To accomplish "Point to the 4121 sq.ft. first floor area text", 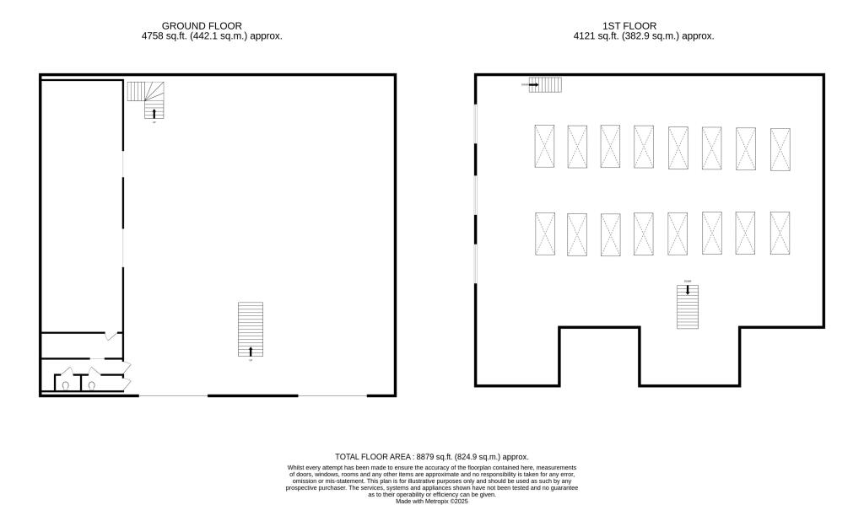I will [x=644, y=36].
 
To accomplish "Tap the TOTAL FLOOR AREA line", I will [x=431, y=456].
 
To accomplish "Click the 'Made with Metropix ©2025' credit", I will [x=431, y=501].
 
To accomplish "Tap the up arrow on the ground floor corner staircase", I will [x=154, y=112].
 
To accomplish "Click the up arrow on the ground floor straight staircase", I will [x=251, y=351].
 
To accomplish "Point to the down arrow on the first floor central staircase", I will [x=688, y=290].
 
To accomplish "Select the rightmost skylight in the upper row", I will [x=780, y=149].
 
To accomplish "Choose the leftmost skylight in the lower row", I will [x=544, y=234].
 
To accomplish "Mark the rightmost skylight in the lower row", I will [x=780, y=233].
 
